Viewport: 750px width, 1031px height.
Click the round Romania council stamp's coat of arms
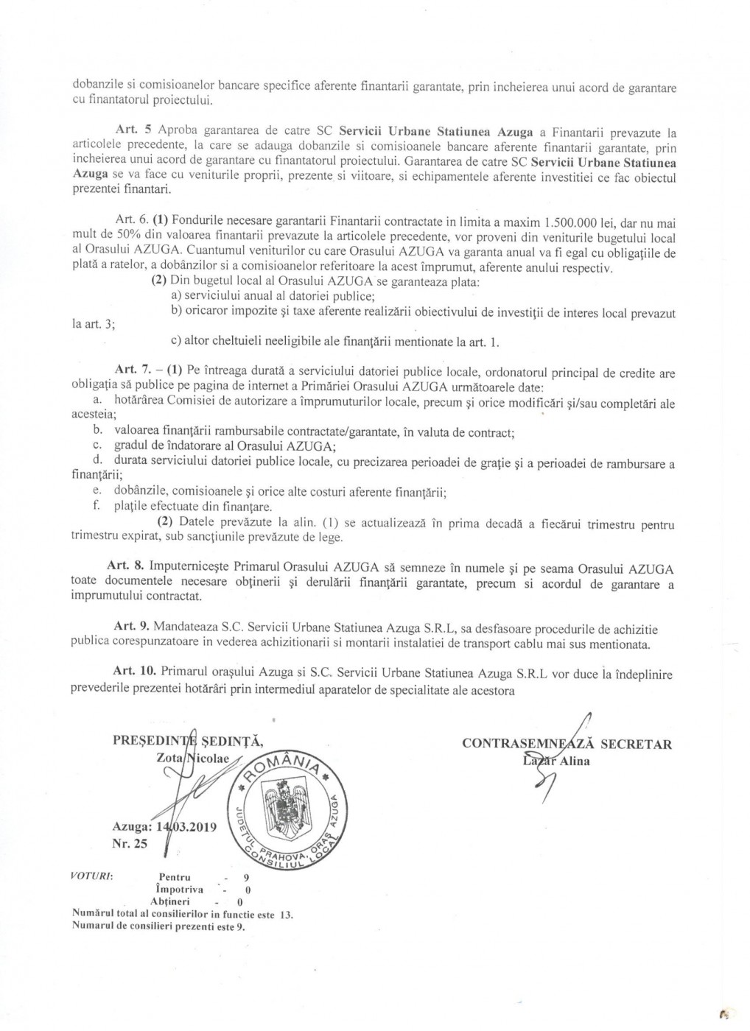[284, 811]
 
